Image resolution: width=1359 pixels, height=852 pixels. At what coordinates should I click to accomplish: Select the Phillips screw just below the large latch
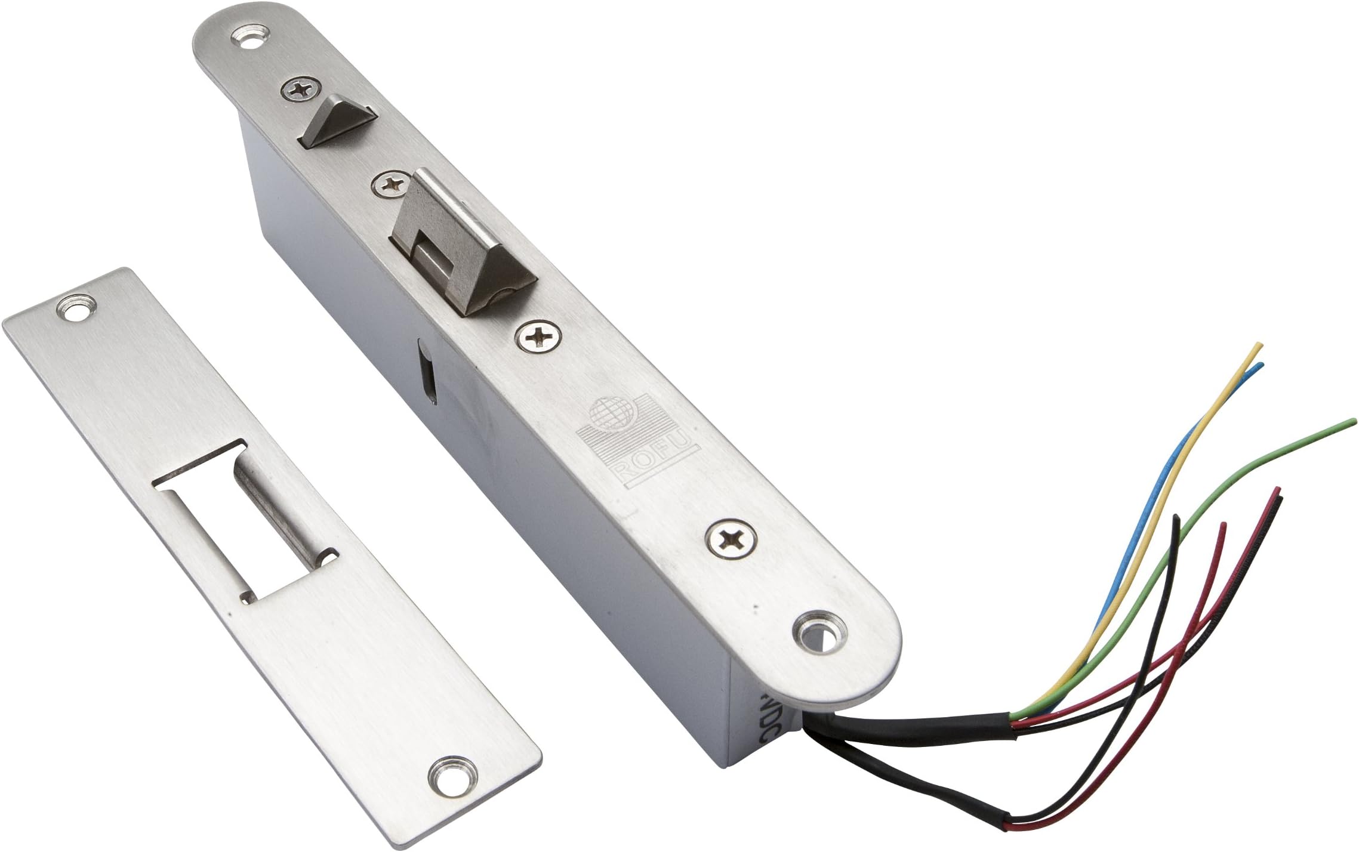click(x=539, y=337)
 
